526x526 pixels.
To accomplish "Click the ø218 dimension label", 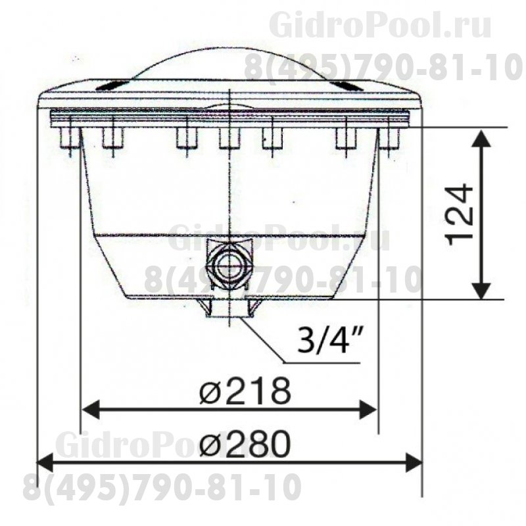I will pos(244,393).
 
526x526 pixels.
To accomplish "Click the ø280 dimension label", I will pos(244,446).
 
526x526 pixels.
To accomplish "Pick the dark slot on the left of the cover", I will pos(112,84).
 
